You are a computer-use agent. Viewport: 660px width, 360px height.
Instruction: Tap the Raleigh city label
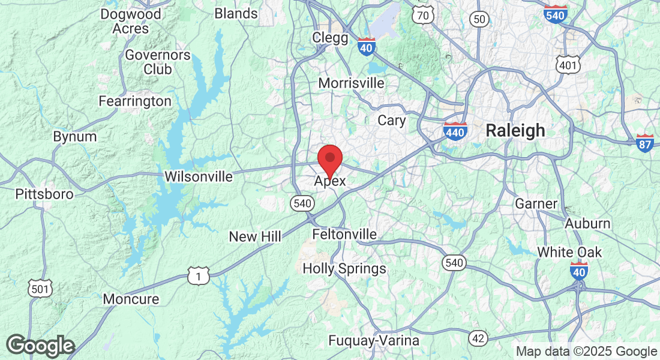[x=515, y=130]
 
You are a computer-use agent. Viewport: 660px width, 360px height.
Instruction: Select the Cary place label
[x=391, y=121]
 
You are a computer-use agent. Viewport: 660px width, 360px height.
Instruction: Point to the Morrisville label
[x=351, y=83]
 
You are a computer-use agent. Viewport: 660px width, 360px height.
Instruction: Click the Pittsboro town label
[x=44, y=194]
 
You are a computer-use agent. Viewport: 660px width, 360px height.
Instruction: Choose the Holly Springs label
[x=344, y=269]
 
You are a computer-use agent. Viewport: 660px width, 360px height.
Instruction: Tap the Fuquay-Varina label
[x=374, y=341]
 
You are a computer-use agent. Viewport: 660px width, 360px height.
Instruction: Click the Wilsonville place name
[x=198, y=177]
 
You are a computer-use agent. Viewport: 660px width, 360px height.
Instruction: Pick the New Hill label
[x=255, y=237]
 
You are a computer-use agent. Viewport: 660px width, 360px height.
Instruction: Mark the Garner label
[x=536, y=204]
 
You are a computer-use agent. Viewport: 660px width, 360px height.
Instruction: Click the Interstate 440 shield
[x=456, y=131]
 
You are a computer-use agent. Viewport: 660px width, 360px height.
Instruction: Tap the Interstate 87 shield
[x=645, y=143]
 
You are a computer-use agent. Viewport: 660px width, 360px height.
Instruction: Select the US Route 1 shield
[x=198, y=276]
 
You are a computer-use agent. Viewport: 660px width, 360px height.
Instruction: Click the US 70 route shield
[x=424, y=16]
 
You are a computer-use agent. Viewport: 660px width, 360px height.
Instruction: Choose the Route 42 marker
[x=478, y=339]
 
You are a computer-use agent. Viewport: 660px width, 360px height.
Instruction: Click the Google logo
[x=41, y=346]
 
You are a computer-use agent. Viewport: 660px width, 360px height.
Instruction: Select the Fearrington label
[x=135, y=101]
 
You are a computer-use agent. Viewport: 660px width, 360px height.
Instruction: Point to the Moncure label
[x=131, y=299]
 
